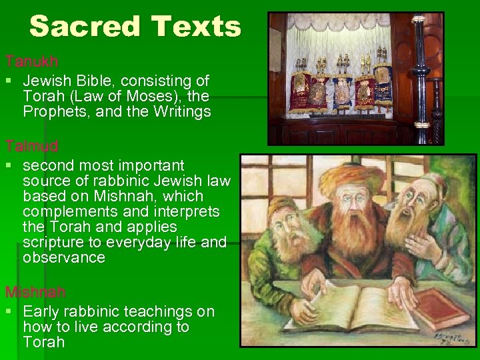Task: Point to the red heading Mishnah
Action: pos(35,293)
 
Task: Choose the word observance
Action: pos(64,258)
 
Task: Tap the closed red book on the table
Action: pos(441,307)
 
